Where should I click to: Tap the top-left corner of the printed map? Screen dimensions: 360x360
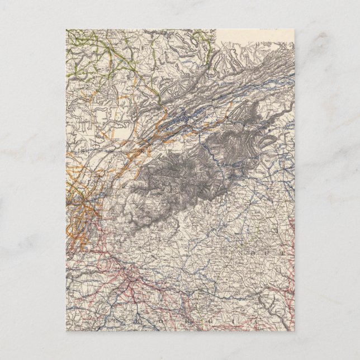66,30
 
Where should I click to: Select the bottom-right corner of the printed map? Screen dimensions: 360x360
295,329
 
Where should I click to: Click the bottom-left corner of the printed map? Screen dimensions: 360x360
66,329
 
